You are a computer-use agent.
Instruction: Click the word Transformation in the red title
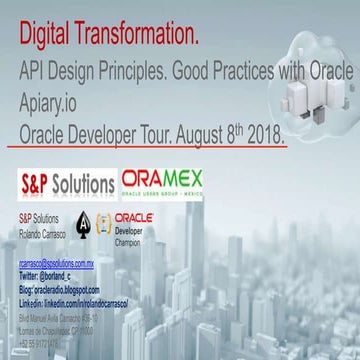[x=138, y=36]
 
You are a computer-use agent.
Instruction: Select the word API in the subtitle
[x=35, y=74]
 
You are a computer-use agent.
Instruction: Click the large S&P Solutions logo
[x=67, y=184]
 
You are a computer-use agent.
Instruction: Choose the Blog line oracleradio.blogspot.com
[x=69, y=288]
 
